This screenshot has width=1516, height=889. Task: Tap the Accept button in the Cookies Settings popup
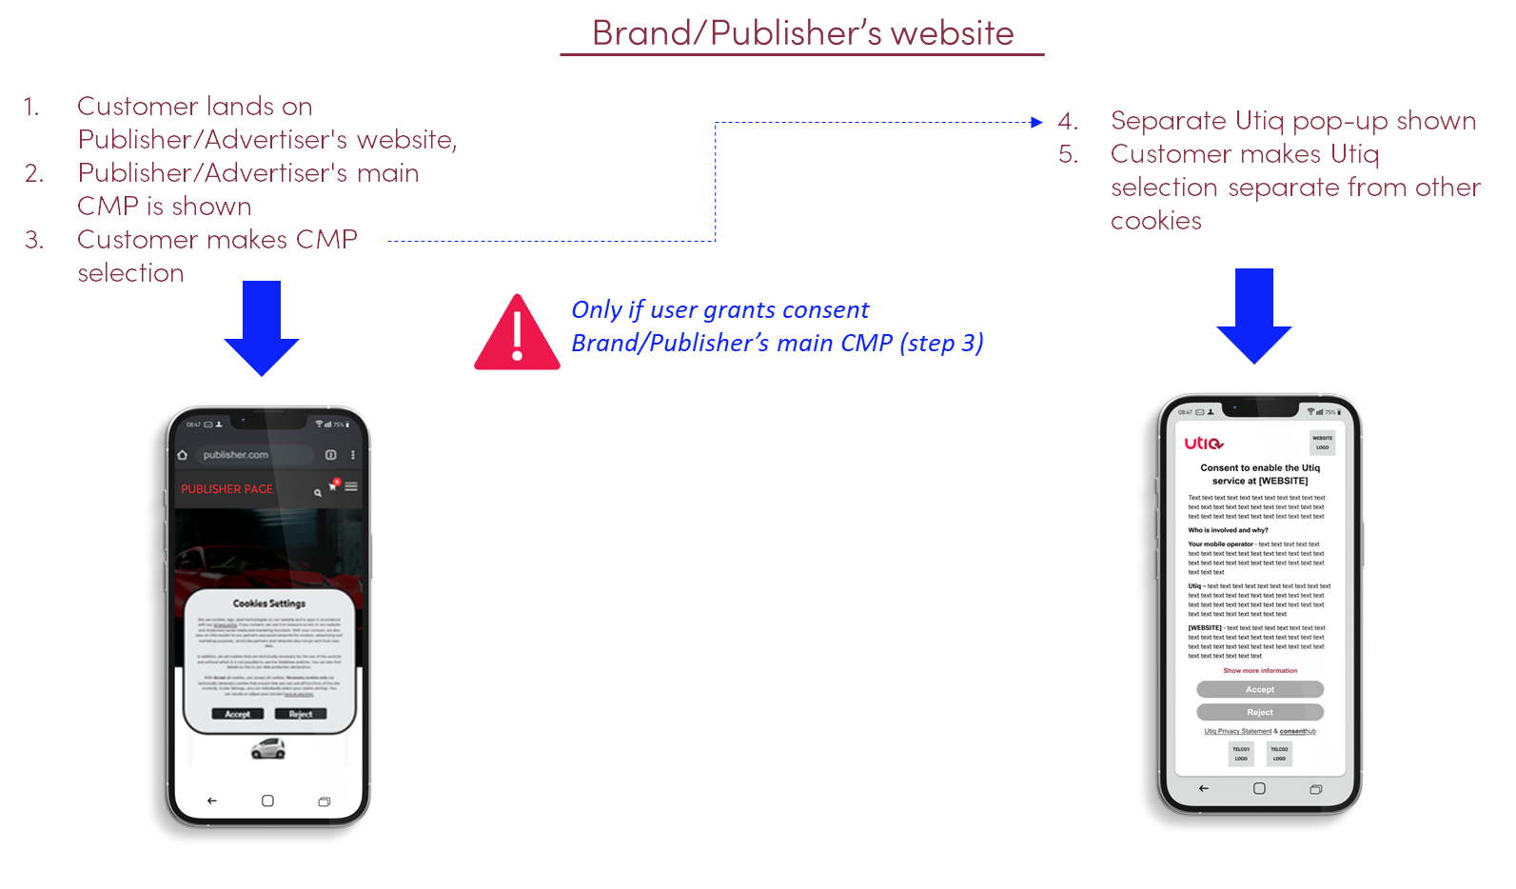(x=237, y=714)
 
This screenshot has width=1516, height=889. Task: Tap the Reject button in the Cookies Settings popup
(x=301, y=714)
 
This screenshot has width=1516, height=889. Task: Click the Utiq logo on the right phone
(x=1204, y=444)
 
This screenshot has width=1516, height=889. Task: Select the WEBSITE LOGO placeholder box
(x=1322, y=443)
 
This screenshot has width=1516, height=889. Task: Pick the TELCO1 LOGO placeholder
(x=1241, y=754)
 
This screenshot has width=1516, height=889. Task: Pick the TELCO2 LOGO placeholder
(x=1279, y=754)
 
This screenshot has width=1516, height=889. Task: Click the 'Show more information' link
(x=1260, y=671)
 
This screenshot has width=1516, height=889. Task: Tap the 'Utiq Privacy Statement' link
(x=1237, y=732)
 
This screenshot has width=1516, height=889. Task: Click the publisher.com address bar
(x=252, y=455)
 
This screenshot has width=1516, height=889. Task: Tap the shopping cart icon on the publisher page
(x=333, y=486)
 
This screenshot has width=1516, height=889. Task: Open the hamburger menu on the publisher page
(x=351, y=486)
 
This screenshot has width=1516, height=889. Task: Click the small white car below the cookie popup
(x=268, y=749)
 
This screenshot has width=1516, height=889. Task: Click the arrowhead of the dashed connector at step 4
(x=1038, y=122)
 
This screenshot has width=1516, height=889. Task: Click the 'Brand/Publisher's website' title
(x=802, y=33)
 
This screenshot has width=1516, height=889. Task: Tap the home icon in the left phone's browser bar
(x=183, y=455)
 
